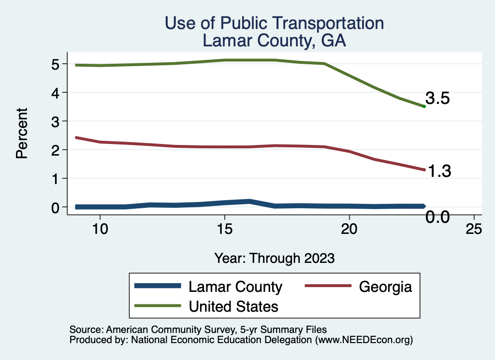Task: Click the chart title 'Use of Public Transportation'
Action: point(274,23)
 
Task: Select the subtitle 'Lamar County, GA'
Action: point(274,41)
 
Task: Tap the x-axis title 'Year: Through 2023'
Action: point(274,258)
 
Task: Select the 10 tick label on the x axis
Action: point(100,229)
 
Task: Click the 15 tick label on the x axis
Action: point(224,229)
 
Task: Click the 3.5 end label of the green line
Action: point(438,99)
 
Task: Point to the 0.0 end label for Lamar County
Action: point(438,218)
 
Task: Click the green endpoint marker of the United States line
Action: point(424,106)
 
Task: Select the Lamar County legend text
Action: point(235,287)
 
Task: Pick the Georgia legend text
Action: point(385,287)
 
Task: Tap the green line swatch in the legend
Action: point(158,306)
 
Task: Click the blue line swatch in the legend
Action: point(158,286)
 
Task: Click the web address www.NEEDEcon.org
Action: point(364,340)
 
